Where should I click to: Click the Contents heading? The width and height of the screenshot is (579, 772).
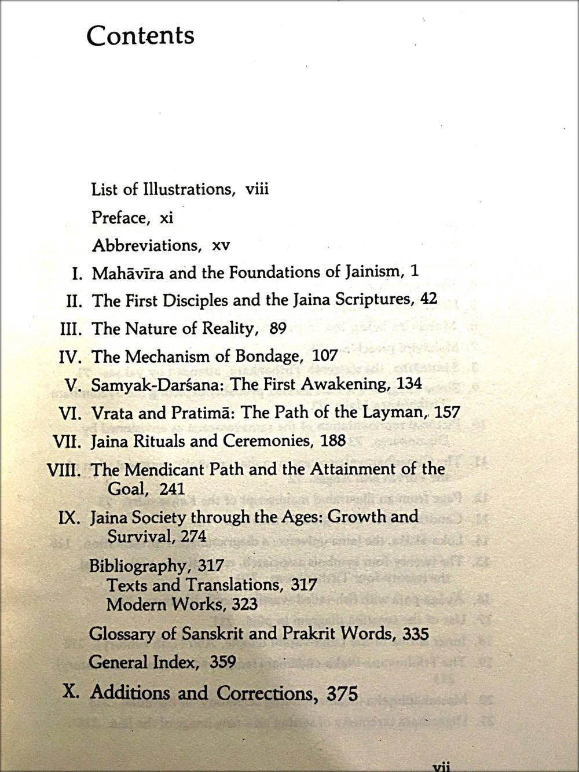(x=140, y=35)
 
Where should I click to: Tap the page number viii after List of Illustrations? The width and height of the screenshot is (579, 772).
(x=257, y=189)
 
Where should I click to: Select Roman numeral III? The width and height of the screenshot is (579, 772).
(x=72, y=329)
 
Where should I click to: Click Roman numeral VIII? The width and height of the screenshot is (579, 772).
(x=64, y=469)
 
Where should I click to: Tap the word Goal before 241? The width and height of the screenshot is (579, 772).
(x=127, y=488)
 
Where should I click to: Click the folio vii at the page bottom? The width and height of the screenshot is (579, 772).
(x=441, y=766)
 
